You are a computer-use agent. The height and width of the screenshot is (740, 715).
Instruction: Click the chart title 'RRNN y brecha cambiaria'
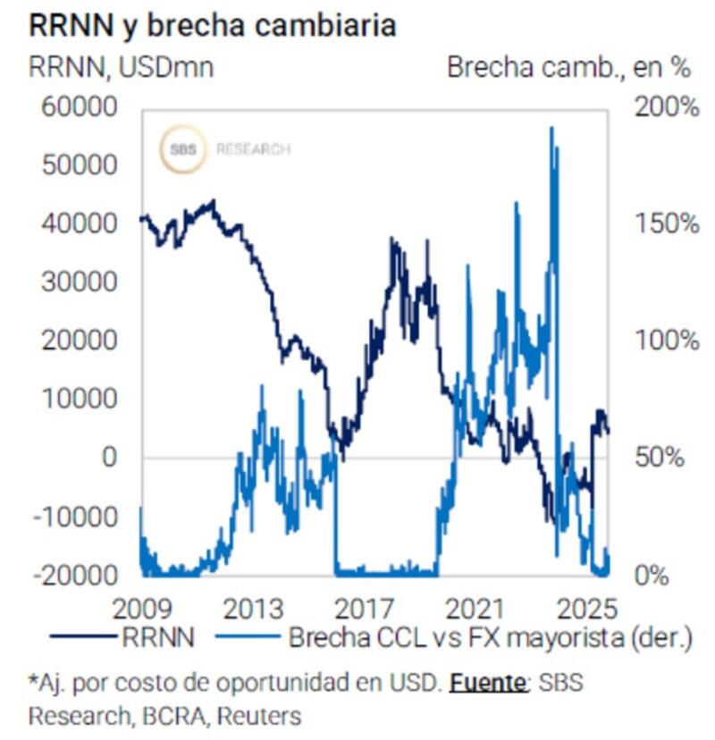[x=212, y=25]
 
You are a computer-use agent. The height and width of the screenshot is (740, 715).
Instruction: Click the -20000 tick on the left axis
[x=77, y=575]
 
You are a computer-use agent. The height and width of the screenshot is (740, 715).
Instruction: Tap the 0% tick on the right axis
[x=652, y=575]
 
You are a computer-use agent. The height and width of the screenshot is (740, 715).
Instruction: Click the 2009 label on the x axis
[x=144, y=610]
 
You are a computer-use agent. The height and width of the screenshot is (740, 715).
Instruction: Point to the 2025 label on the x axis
[x=584, y=610]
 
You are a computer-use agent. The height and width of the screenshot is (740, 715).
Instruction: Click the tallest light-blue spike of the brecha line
[x=551, y=130]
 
